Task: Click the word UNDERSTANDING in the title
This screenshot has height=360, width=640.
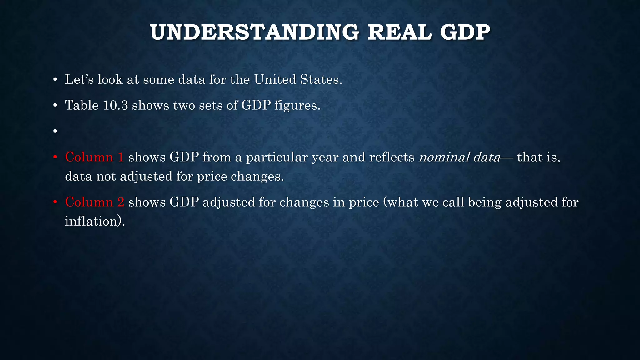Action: pos(254,32)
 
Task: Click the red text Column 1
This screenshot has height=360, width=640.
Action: pos(94,157)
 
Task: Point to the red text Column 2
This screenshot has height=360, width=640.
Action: pos(94,202)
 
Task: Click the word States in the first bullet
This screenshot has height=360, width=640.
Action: pos(321,79)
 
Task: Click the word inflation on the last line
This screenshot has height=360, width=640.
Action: pos(93,221)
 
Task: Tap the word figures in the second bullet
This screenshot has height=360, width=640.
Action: pos(297,105)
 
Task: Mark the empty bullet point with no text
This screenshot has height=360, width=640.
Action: pos(55,131)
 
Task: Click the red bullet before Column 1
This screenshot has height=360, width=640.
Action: pos(55,157)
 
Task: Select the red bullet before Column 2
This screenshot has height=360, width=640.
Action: pos(55,202)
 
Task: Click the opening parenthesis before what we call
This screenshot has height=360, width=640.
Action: pos(385,202)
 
